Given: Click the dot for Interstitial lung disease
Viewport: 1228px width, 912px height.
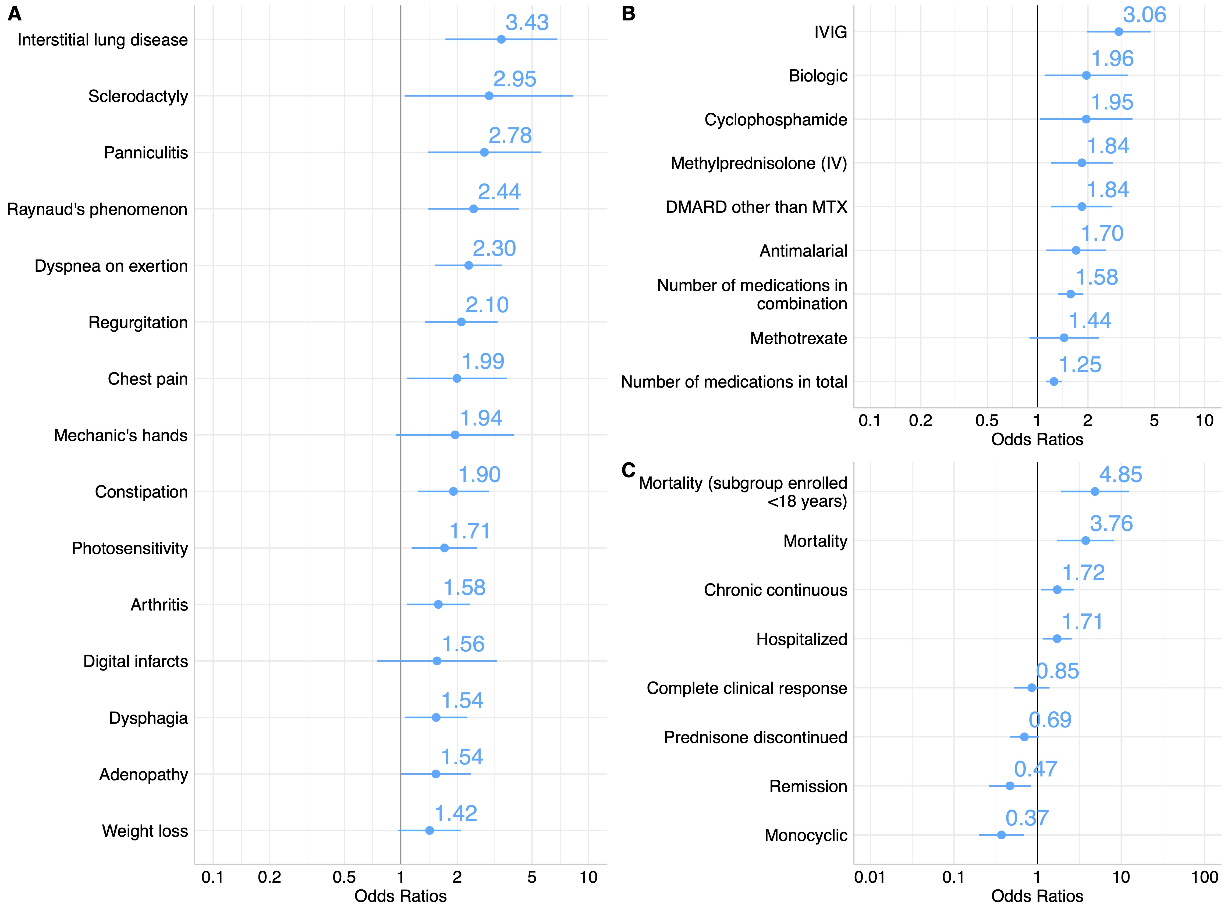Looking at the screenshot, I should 501,39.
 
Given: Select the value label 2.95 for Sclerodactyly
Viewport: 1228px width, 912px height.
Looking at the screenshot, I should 514,79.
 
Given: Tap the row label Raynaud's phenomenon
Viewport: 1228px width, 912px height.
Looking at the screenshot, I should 97,209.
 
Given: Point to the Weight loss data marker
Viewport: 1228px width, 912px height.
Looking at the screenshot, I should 430,830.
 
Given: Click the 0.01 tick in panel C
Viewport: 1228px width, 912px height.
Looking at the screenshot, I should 870,877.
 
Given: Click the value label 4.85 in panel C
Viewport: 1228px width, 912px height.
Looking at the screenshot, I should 1120,475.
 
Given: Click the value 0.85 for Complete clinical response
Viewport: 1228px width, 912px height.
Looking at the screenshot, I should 1057,671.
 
